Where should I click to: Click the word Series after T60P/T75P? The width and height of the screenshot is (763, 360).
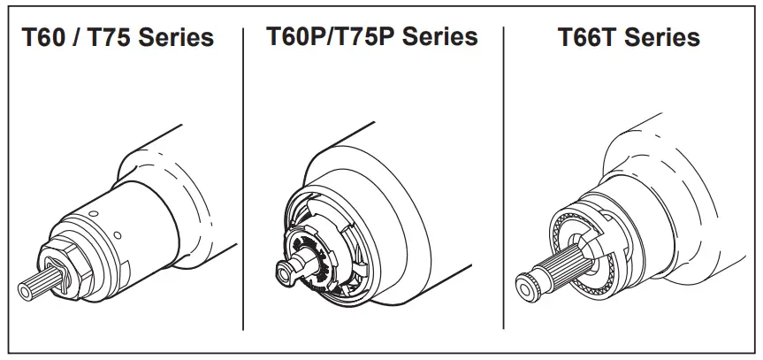coord(440,36)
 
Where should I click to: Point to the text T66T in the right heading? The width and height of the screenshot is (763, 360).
coord(589,38)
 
